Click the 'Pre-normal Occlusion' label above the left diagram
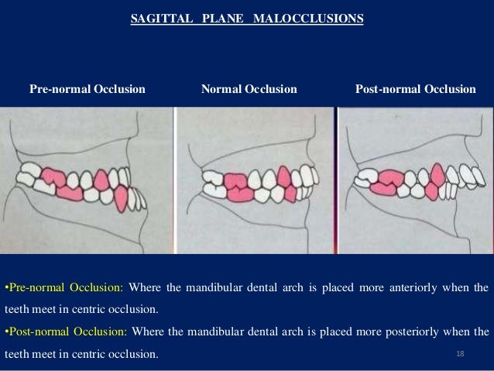tap(87, 89)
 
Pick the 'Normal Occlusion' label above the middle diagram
tap(249, 89)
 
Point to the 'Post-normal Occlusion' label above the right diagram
tap(415, 89)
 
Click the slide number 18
tap(460, 354)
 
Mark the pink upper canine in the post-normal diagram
tap(437, 175)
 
